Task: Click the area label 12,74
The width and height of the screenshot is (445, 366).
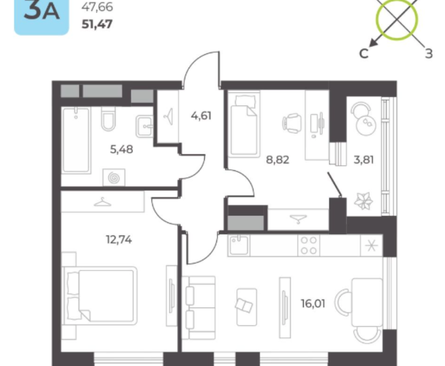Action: tap(119, 240)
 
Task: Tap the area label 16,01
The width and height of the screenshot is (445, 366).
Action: tap(313, 304)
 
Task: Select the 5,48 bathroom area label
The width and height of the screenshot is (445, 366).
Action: tap(121, 149)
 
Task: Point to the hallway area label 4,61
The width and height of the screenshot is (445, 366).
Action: tap(201, 116)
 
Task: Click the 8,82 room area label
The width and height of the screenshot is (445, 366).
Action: tap(277, 160)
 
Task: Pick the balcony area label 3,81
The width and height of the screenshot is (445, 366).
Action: tap(364, 160)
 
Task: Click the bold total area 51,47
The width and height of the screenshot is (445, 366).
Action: tap(97, 24)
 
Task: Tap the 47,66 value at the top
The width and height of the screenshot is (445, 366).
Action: tap(97, 7)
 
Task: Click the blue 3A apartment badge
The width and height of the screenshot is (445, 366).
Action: tap(41, 17)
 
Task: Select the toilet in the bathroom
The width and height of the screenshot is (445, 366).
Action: tap(108, 119)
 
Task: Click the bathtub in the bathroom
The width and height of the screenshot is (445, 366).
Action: tap(76, 140)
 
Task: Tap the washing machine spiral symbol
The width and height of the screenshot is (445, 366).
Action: tap(114, 178)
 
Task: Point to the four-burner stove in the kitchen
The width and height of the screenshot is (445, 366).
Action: tap(309, 245)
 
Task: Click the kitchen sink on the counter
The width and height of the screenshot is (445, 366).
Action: tap(239, 245)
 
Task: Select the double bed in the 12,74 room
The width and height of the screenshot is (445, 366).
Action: tap(100, 295)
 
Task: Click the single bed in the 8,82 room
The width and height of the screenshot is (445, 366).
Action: tap(244, 124)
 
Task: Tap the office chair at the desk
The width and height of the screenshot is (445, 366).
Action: tap(292, 124)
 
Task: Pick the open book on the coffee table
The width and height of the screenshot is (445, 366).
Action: tap(244, 305)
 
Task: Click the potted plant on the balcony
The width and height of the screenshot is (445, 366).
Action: tap(363, 201)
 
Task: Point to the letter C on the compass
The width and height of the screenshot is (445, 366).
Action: tap(364, 53)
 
